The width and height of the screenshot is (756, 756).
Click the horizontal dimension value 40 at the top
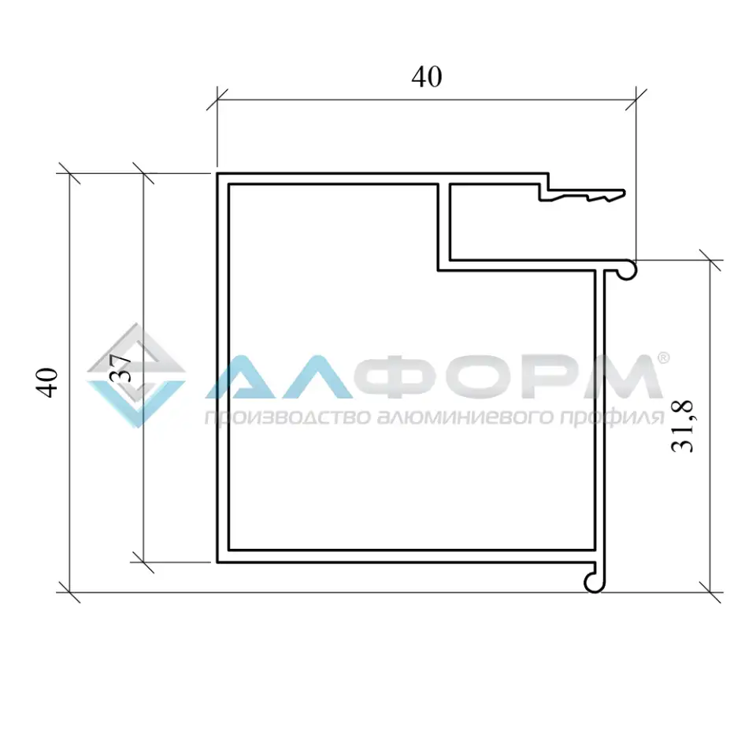pyautogui.click(x=426, y=77)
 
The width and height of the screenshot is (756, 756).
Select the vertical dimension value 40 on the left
pyautogui.click(x=48, y=382)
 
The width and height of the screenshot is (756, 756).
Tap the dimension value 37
pyautogui.click(x=120, y=368)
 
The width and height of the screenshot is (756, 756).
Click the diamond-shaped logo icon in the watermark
pyautogui.click(x=135, y=376)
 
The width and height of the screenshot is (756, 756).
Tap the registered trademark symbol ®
pyautogui.click(x=663, y=358)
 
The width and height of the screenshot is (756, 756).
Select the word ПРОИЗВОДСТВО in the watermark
pyautogui.click(x=273, y=417)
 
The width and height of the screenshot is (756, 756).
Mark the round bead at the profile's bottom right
pyautogui.click(x=596, y=580)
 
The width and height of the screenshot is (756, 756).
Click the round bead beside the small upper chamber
pyautogui.click(x=627, y=270)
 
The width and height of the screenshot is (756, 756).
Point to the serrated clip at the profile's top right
pyautogui.click(x=583, y=195)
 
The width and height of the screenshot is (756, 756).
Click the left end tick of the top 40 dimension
pyautogui.click(x=217, y=100)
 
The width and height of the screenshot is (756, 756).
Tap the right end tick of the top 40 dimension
pyautogui.click(x=635, y=100)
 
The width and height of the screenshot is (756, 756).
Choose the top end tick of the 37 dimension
pyautogui.click(x=143, y=172)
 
